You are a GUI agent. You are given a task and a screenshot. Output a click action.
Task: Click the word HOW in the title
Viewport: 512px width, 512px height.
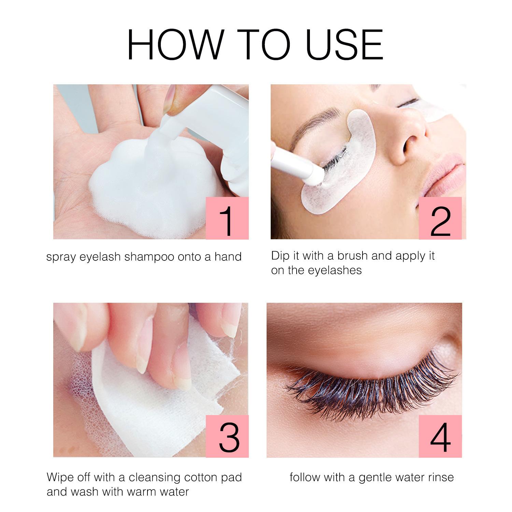[174, 45]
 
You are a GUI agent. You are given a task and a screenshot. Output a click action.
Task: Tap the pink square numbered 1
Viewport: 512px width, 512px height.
[227, 218]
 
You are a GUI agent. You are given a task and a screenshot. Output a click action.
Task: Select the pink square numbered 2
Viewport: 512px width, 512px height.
[441, 218]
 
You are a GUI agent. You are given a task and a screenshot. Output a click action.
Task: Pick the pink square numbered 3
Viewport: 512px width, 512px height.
[227, 436]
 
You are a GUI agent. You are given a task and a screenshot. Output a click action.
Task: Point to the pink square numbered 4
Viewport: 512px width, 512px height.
[441, 436]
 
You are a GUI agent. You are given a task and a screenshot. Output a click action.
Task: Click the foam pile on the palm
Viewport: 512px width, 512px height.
[150, 181]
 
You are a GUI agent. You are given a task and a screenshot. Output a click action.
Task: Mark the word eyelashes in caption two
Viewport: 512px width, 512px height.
[335, 270]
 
